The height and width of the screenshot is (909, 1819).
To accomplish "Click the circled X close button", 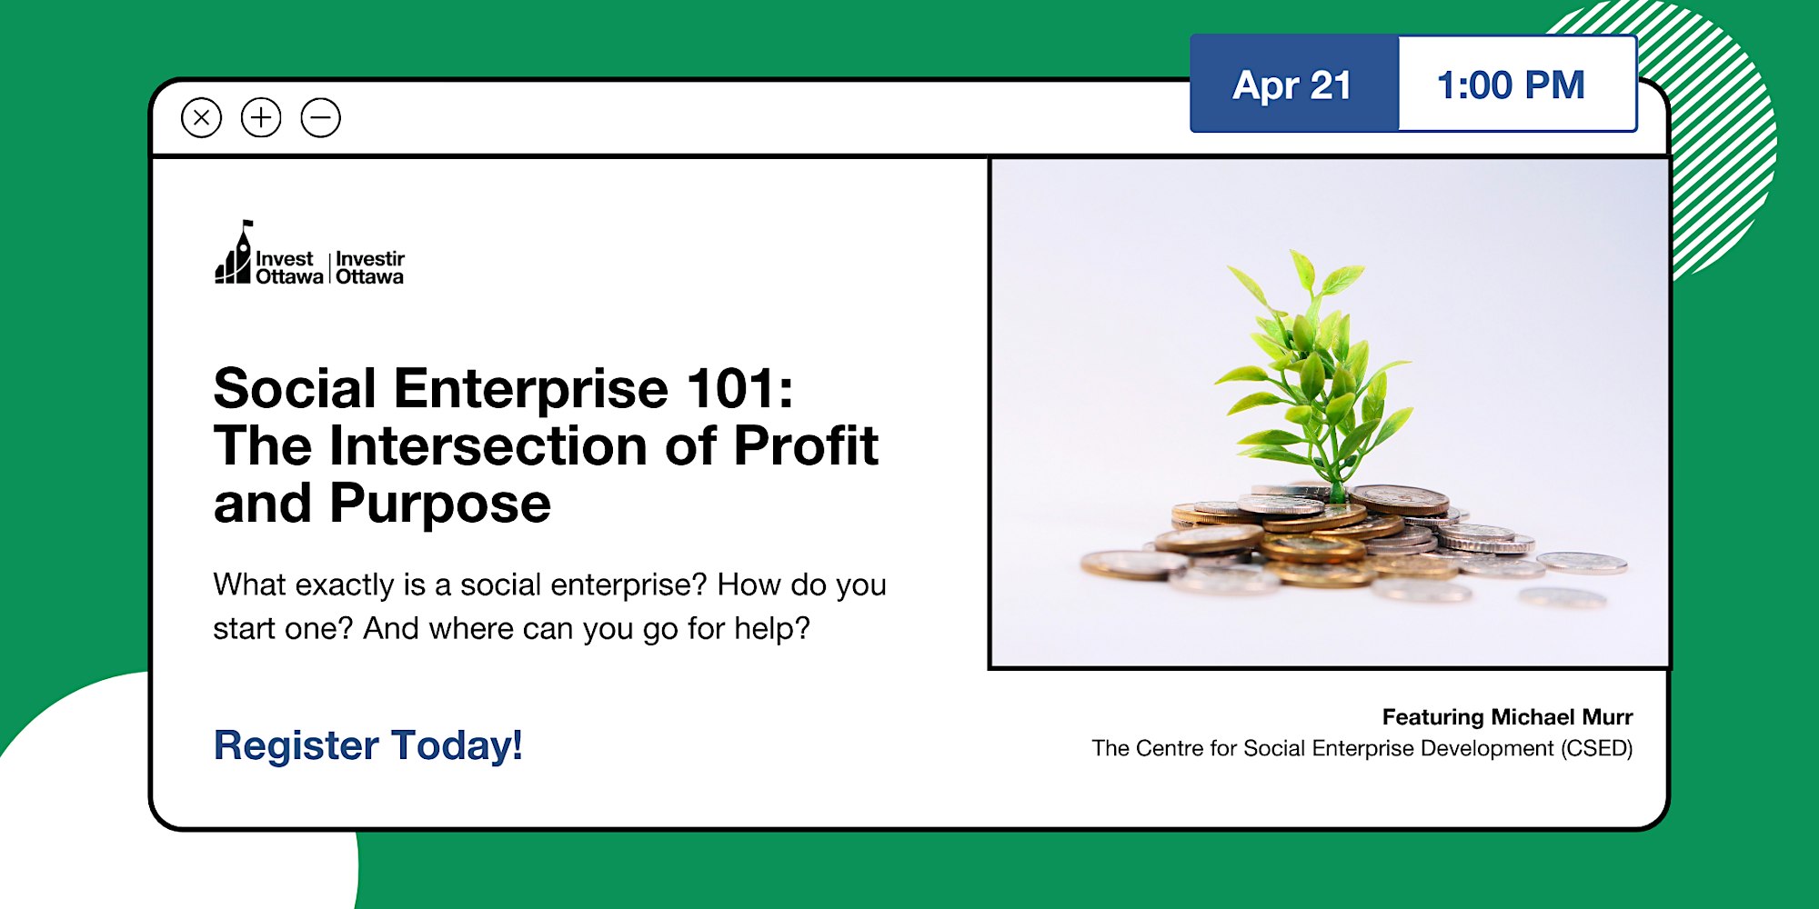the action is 201,117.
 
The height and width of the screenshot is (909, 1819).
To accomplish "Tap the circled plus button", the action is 261,117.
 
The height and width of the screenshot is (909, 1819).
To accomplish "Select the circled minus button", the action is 321,117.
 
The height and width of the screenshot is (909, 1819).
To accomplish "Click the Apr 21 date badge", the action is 1294,84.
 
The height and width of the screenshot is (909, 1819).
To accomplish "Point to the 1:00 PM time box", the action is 1517,84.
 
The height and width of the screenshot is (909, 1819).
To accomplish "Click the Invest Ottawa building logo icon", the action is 233,253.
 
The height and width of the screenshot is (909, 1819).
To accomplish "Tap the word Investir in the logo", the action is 370,259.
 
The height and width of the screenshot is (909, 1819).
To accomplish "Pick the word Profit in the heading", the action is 806,446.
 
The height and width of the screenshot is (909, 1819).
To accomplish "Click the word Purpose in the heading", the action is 440,504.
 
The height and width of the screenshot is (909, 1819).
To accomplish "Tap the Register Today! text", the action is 367,745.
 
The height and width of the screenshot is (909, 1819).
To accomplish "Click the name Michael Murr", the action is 1563,717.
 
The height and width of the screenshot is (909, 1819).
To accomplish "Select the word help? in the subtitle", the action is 772,628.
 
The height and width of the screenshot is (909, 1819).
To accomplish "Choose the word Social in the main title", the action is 295,389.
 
